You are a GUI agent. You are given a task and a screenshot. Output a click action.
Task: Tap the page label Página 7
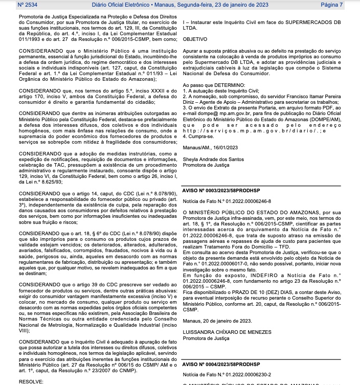(331, 5)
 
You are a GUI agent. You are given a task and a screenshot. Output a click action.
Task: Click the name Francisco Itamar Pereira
(311, 96)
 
